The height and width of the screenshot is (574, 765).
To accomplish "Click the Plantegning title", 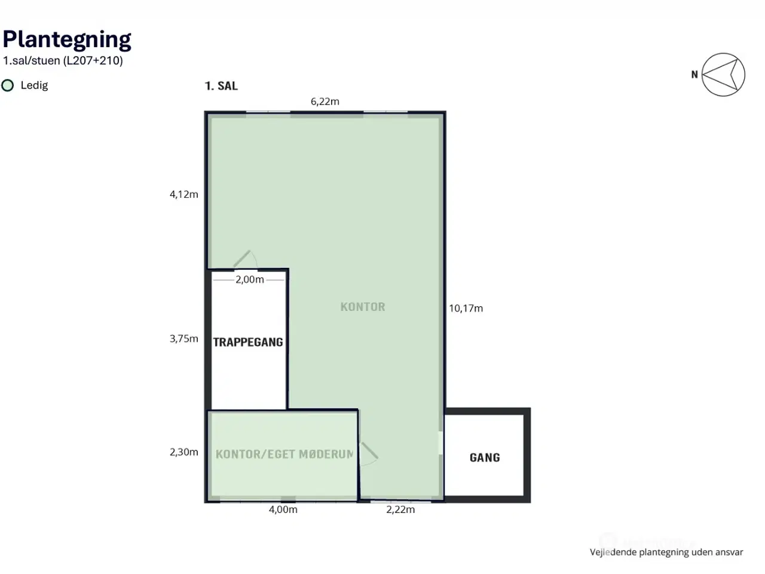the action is tap(67, 39).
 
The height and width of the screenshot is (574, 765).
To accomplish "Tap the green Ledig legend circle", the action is tap(7, 86).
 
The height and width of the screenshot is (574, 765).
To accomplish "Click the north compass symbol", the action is tap(723, 75).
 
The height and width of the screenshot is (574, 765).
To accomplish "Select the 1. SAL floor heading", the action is tap(221, 86).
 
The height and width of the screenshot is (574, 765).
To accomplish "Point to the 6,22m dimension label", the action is tap(325, 102).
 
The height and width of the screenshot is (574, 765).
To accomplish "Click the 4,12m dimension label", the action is tap(183, 194).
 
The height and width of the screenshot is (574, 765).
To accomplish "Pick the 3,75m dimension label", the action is tap(183, 338).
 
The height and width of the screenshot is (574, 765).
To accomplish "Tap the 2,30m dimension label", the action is tap(183, 452).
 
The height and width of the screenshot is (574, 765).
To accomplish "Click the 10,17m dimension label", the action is tap(466, 309).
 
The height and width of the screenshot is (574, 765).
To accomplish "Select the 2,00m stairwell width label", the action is tap(250, 279).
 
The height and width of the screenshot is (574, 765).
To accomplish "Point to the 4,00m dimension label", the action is tap(283, 509).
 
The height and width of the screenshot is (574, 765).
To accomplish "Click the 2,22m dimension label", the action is tap(400, 509).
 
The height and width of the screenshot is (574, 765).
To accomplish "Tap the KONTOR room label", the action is tap(363, 307).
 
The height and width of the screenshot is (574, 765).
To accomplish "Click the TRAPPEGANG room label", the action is tap(248, 342).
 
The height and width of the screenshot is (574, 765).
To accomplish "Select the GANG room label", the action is tap(485, 457).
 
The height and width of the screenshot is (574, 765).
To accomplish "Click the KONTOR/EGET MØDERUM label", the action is tap(284, 454).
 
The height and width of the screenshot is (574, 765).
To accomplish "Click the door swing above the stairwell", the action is tap(246, 259).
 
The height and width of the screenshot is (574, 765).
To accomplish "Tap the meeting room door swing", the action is tap(369, 454).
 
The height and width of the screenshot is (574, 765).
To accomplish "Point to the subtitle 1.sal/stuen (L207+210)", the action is tap(63, 60).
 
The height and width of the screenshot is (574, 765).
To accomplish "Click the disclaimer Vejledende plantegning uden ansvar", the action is tap(666, 552).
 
